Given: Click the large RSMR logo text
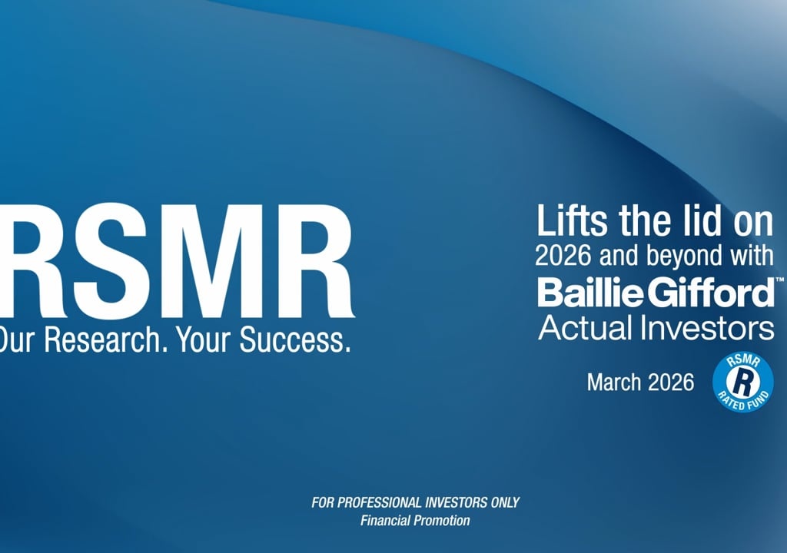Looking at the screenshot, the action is [x=177, y=261].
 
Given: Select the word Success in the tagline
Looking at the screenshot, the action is [x=294, y=339].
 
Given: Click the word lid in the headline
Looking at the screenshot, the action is [x=703, y=220].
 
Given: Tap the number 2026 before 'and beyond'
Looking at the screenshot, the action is [x=563, y=256].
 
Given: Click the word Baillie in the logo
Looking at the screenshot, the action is [x=590, y=293].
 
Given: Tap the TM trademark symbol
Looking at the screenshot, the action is [x=779, y=279].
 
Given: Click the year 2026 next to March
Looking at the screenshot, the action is [x=671, y=382].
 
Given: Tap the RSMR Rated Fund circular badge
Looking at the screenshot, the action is [x=743, y=382].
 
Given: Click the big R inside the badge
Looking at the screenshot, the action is [x=743, y=382].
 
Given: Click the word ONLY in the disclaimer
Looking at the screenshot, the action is [x=505, y=502].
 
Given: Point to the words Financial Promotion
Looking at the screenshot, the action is [x=415, y=521].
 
